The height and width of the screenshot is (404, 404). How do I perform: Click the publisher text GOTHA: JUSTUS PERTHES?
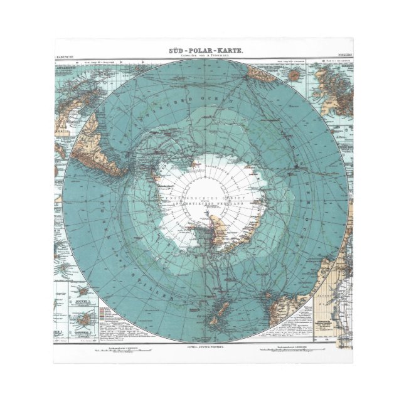tap(202, 346)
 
